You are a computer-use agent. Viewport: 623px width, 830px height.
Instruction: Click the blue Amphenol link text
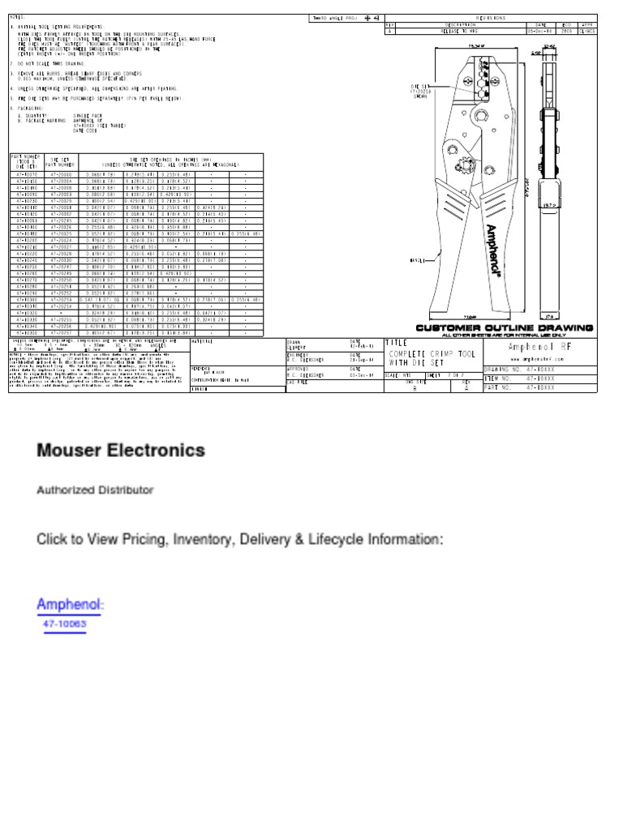point(70,605)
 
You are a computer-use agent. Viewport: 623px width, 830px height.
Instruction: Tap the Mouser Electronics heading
point(120,450)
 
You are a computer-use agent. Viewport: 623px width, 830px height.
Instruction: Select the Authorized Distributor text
point(95,490)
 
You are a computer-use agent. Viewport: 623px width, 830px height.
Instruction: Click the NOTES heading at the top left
point(17,17)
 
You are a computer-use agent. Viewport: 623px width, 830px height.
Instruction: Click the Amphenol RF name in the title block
point(551,347)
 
